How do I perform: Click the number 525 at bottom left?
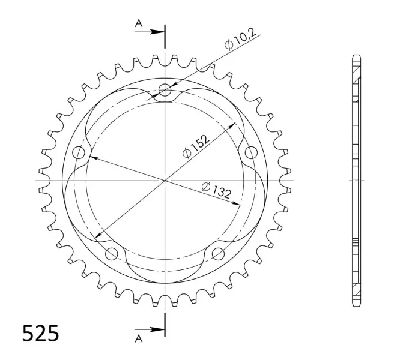(x=40, y=333)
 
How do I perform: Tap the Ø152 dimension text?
(x=196, y=146)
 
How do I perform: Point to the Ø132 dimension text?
(x=216, y=190)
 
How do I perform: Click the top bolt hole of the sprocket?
(x=165, y=90)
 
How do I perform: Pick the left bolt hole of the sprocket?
(x=79, y=152)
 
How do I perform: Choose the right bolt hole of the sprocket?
(x=252, y=152)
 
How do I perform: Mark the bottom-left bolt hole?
(x=112, y=253)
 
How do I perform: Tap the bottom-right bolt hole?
(x=219, y=253)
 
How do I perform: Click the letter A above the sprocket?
(x=139, y=23)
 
